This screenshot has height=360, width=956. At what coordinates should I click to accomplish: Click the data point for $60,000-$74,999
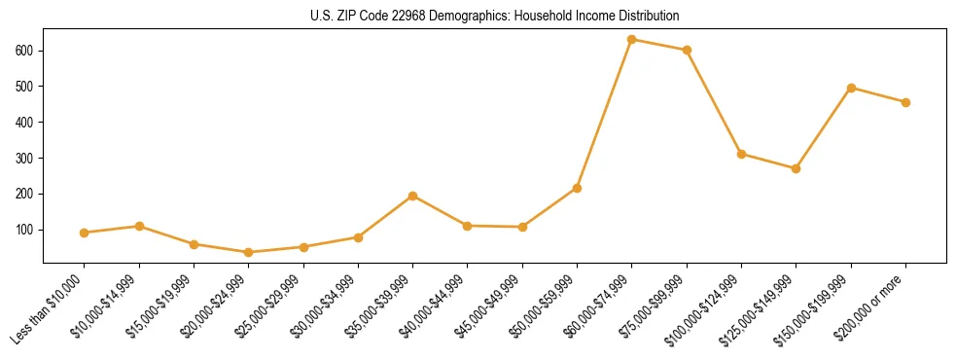pyautogui.click(x=632, y=40)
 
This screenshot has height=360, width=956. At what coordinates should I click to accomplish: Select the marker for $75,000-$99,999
pyautogui.click(x=687, y=51)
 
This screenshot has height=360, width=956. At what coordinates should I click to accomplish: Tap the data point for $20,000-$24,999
pyautogui.click(x=249, y=252)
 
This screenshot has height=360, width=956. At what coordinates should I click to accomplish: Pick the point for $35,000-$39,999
pyautogui.click(x=413, y=196)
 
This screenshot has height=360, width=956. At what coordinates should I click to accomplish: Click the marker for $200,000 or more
pyautogui.click(x=905, y=102)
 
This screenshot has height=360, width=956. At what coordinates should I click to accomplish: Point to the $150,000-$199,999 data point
pyautogui.click(x=851, y=88)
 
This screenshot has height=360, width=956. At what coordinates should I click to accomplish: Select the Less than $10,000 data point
pyautogui.click(x=85, y=233)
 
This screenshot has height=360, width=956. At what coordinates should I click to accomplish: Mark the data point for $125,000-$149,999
pyautogui.click(x=797, y=168)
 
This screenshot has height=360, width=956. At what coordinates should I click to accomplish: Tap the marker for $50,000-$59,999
pyautogui.click(x=578, y=188)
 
